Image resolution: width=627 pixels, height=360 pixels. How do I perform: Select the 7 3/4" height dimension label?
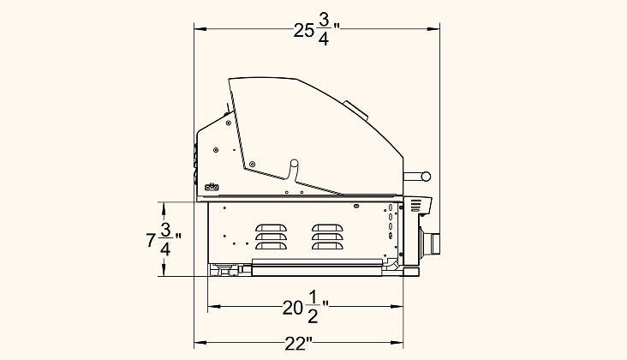coord(164,240)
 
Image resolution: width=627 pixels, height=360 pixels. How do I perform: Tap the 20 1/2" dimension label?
coord(306,307)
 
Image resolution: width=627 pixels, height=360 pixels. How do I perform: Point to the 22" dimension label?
coord(298,343)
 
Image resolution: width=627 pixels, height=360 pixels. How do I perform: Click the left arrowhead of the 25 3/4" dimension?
coord(200,29)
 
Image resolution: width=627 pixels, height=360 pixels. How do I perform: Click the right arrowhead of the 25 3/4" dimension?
coord(434,29)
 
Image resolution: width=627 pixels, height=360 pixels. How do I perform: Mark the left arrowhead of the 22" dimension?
coord(200,342)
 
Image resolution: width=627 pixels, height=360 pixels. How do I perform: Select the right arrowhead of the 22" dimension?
coord(397,342)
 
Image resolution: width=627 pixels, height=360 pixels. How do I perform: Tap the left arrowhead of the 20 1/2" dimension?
coord(213,307)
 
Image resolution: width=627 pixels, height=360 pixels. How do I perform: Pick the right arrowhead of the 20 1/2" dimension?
coord(397,307)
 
